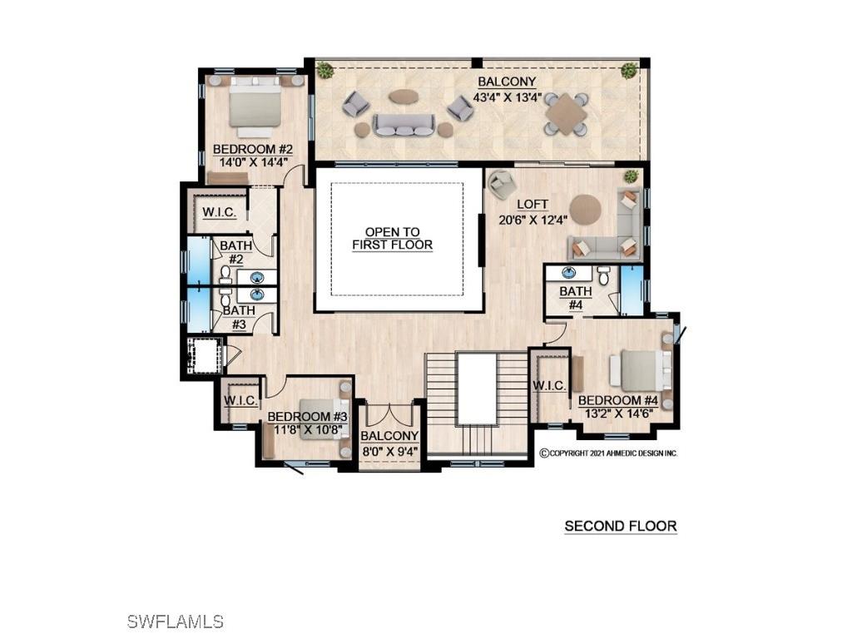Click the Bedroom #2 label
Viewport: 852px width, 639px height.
[x=250, y=149]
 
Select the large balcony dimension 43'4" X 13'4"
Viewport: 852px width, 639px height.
[x=507, y=97]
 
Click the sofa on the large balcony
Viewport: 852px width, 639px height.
[x=404, y=125]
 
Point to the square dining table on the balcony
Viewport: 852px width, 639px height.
[x=566, y=112]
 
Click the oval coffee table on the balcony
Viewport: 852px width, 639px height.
[x=404, y=97]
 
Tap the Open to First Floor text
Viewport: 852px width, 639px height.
[x=393, y=239]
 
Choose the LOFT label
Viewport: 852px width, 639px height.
[x=532, y=204]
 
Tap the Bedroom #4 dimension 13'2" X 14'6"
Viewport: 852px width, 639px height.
[x=618, y=413]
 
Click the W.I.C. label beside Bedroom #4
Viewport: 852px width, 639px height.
[x=549, y=385]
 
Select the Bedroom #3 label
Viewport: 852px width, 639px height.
[x=305, y=415]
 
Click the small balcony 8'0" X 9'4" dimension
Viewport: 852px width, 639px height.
[x=389, y=451]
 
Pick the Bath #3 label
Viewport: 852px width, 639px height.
[x=234, y=317]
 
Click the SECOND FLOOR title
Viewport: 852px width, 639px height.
[x=620, y=526]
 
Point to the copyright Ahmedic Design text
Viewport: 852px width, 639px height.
[x=608, y=453]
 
